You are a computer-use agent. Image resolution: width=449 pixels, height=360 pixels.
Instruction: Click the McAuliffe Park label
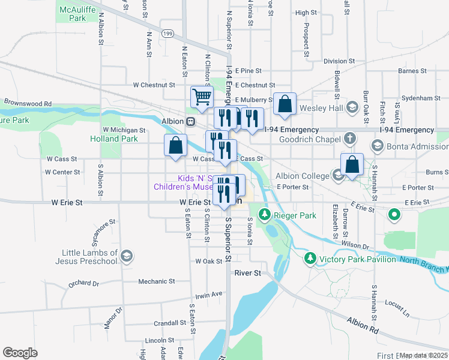(73, 14)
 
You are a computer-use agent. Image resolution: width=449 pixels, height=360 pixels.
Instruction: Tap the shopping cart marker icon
(202, 96)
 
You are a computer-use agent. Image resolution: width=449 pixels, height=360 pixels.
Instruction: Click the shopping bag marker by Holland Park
(175, 145)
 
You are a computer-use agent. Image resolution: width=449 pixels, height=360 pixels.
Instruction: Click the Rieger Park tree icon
(264, 214)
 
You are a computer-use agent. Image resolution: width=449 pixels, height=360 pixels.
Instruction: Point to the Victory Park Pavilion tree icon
(310, 259)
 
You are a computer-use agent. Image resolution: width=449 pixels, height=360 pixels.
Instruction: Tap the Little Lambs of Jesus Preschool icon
(126, 257)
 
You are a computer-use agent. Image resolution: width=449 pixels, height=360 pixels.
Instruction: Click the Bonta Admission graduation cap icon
(377, 145)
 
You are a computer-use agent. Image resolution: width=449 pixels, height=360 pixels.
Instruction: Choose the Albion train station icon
(190, 121)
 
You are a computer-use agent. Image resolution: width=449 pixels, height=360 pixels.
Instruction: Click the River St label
(248, 273)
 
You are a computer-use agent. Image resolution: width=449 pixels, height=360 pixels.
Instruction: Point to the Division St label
(339, 61)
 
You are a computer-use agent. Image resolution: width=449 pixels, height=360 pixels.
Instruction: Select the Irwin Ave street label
(208, 295)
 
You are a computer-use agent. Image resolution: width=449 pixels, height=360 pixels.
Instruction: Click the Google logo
(20, 353)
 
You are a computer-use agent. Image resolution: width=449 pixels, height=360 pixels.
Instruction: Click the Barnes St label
(412, 71)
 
